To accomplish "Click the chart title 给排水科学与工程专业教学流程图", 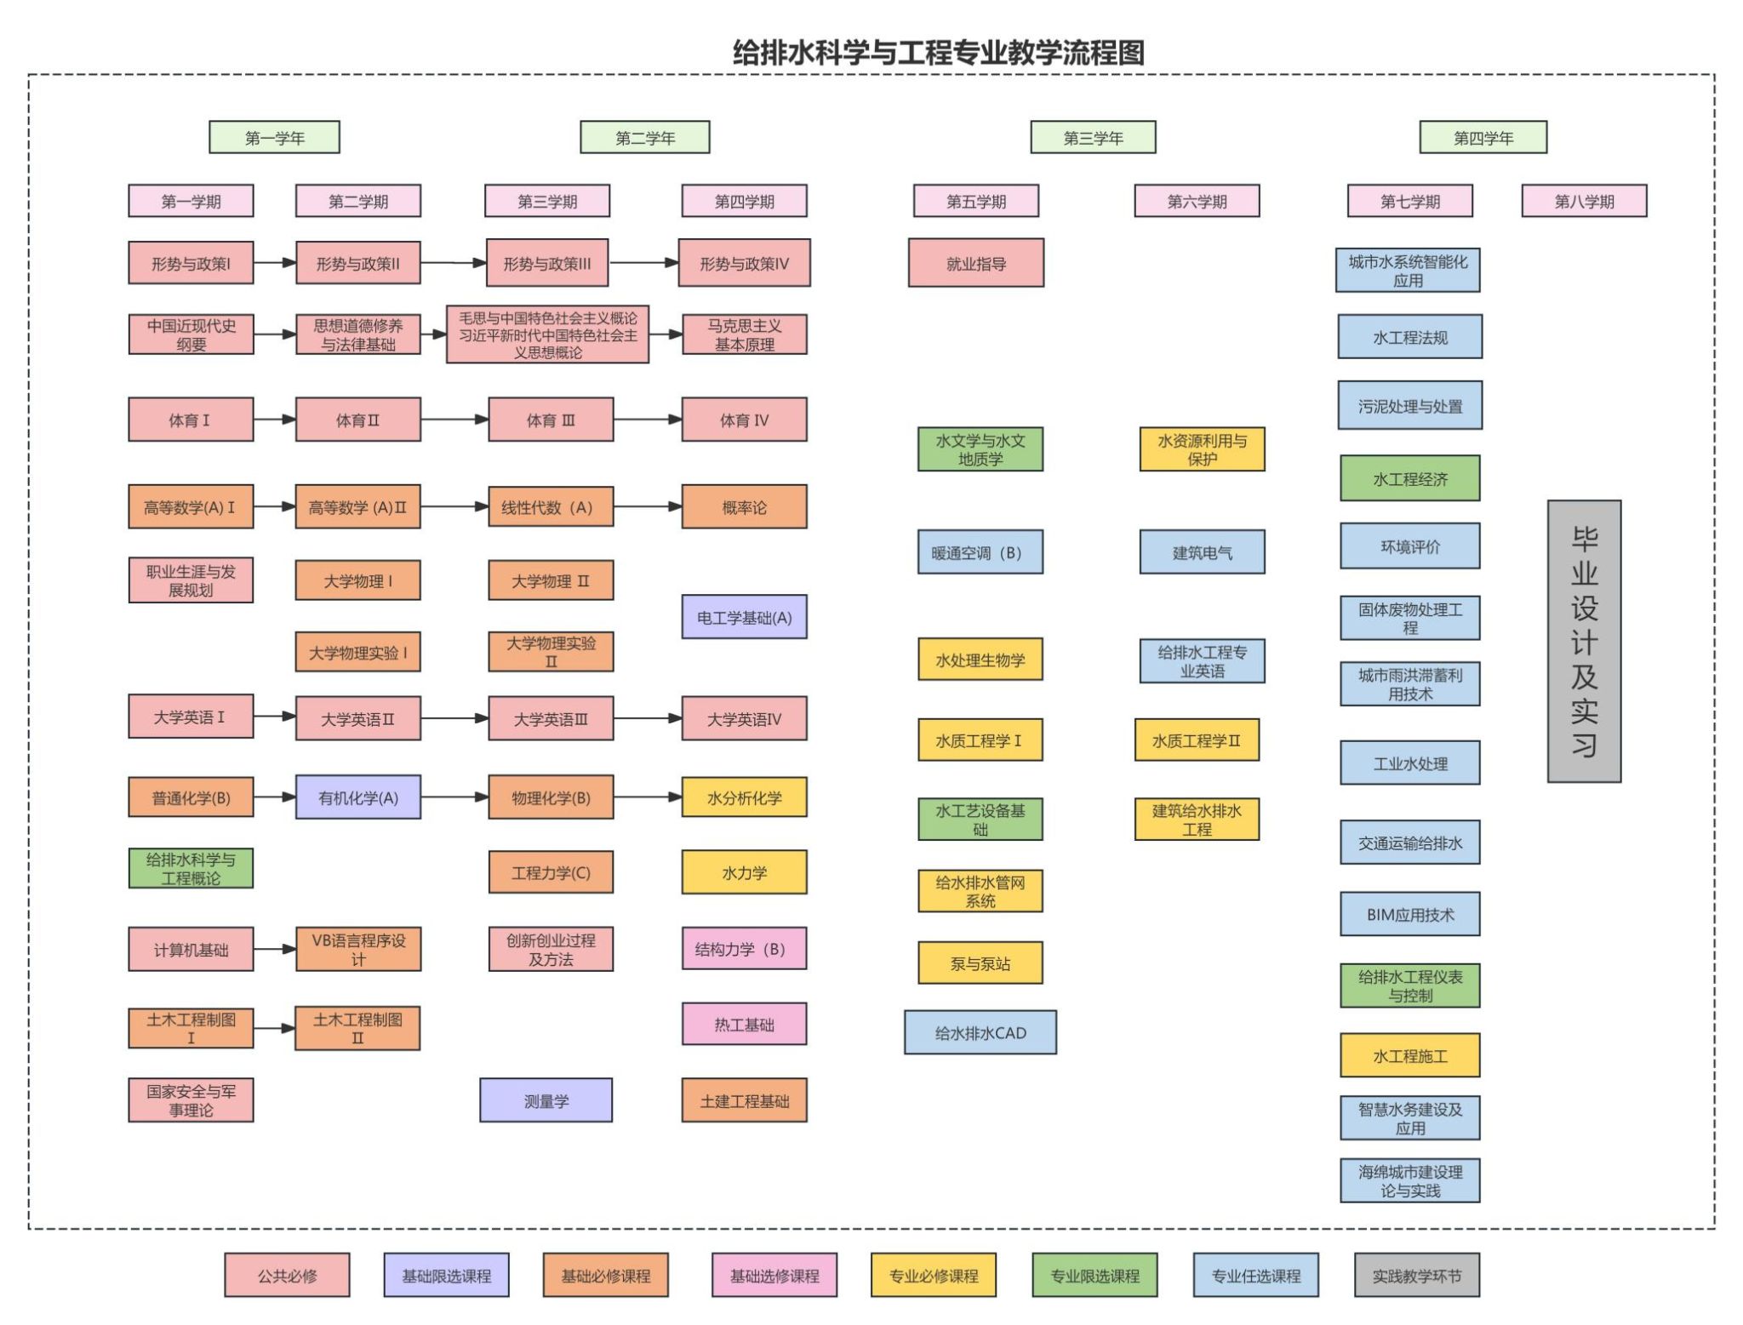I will [938, 53].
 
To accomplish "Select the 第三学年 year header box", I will [1093, 137].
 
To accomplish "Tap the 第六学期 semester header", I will [1197, 202].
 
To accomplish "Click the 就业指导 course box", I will [975, 263].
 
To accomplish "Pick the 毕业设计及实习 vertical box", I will [1584, 641].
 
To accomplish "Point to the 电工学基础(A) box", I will [744, 617].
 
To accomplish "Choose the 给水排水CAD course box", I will [980, 1032].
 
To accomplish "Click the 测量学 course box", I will [546, 1100].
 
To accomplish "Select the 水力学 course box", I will [744, 872].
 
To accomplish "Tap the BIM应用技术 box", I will [1409, 914].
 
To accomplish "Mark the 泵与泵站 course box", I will [980, 963].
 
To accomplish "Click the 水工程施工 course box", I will [1409, 1056].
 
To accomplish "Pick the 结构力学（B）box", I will [744, 949].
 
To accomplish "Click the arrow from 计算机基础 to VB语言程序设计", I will [274, 949].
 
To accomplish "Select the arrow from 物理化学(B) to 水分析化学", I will [647, 797].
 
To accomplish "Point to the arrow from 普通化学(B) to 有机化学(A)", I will [274, 797].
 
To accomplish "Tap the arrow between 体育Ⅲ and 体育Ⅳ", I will [647, 420].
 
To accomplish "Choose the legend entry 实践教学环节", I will [1416, 1275].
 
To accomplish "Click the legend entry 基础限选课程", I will [446, 1275].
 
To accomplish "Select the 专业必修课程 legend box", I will [933, 1275].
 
